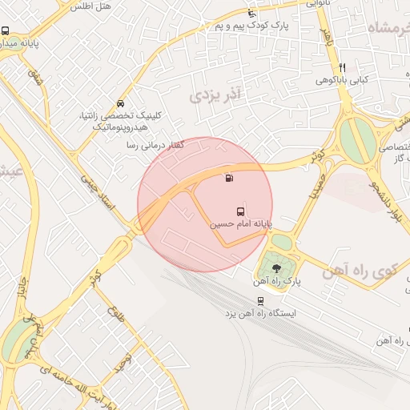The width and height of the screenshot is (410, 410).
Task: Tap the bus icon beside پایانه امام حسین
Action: coord(241,212)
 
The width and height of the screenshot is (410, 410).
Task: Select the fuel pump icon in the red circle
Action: coord(231,179)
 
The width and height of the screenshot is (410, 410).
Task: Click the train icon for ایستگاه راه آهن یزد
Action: coord(260,301)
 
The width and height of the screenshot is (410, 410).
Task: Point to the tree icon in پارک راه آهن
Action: coord(276,267)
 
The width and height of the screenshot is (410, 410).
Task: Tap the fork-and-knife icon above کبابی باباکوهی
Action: coord(342,67)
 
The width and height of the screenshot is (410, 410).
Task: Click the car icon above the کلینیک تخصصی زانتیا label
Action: coord(120,104)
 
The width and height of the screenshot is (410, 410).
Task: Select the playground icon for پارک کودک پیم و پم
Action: coord(252,13)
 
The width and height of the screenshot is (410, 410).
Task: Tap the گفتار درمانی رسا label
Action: coord(155,145)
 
